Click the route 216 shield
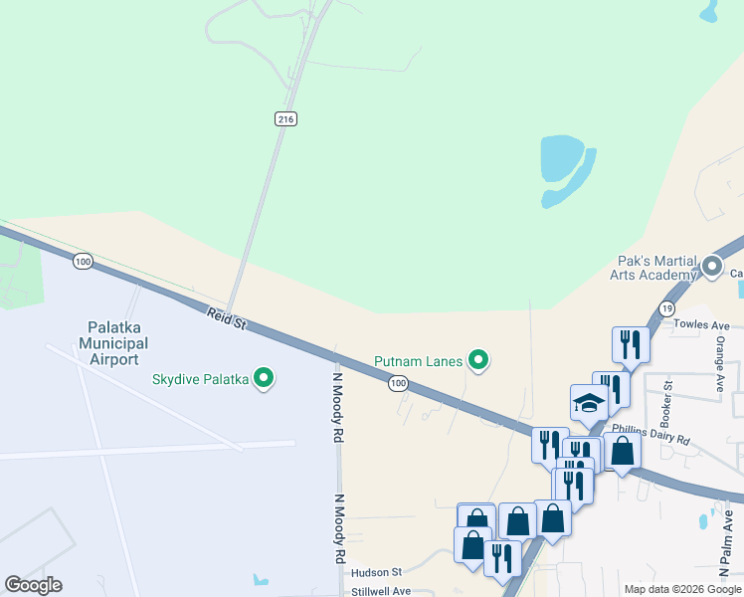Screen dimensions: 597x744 [x=286, y=118]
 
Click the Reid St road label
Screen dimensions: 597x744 [x=227, y=319]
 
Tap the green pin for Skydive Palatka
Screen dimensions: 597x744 [x=264, y=378]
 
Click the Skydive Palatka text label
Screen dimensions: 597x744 [x=200, y=378]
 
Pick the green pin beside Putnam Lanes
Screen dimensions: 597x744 [x=478, y=360]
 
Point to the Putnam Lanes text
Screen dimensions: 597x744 [x=419, y=361]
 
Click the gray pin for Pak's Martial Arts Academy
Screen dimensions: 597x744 [x=711, y=266]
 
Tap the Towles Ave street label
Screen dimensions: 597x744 [x=701, y=325]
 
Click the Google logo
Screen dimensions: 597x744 [x=33, y=585]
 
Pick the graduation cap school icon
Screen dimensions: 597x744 [x=588, y=403]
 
